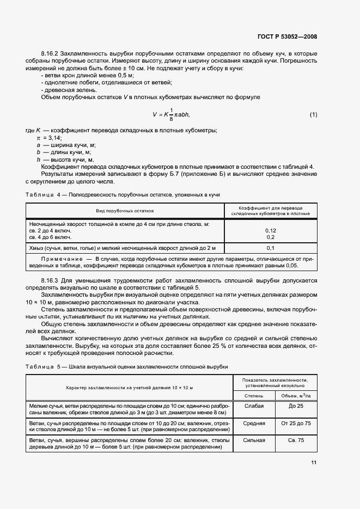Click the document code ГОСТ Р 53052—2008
pyautogui.click(x=287, y=37)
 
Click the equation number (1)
pyautogui.click(x=313, y=114)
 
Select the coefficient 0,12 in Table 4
pyautogui.click(x=271, y=230)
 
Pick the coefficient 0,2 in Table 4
pyautogui.click(x=271, y=237)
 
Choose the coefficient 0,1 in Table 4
pyautogui.click(x=271, y=248)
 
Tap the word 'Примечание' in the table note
pyautogui.click(x=59, y=259)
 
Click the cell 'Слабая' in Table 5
pyautogui.click(x=254, y=406)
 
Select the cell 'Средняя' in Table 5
pyautogui.click(x=254, y=423)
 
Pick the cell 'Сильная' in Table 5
pyautogui.click(x=254, y=440)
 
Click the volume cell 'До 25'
pyautogui.click(x=296, y=406)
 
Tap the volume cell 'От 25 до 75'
pyautogui.click(x=296, y=423)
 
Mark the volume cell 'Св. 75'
pyautogui.click(x=296, y=440)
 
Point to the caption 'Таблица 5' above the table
pyautogui.click(x=45, y=366)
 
